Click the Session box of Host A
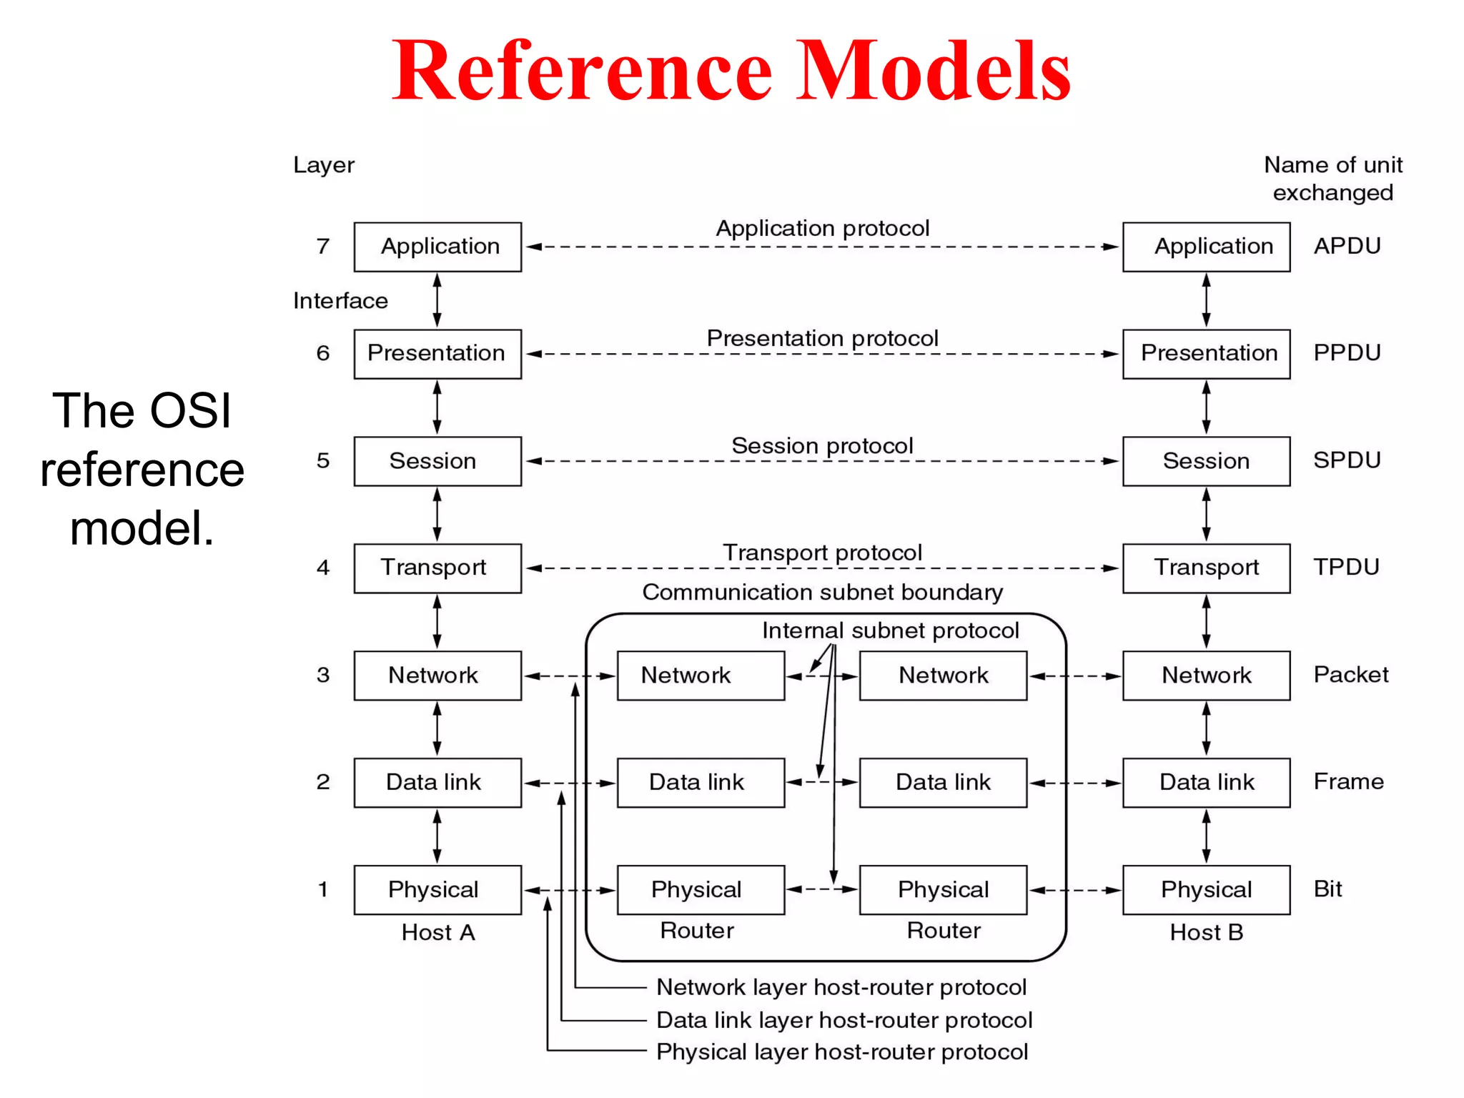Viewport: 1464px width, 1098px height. tap(437, 461)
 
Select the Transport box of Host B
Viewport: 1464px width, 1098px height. tap(1206, 568)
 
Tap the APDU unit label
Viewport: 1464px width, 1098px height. tap(1347, 246)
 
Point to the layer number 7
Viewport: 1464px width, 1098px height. tap(323, 246)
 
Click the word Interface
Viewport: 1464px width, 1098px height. tap(340, 301)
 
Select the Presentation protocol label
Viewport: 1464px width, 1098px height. tap(822, 338)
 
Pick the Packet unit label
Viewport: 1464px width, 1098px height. tap(1350, 675)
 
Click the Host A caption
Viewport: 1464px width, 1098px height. tap(438, 932)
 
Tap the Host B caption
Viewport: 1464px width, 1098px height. tap(1207, 932)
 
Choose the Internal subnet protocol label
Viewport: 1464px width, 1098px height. tap(890, 630)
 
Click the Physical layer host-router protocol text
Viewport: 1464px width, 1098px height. tap(841, 1052)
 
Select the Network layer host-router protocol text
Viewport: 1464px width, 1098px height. tap(841, 987)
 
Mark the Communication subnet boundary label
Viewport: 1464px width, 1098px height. tap(822, 592)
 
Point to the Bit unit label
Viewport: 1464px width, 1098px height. tap(1327, 889)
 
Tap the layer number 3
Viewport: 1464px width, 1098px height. tap(323, 675)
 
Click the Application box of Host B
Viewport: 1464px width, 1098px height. tap(1206, 247)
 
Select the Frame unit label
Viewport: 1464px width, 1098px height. tap(1348, 781)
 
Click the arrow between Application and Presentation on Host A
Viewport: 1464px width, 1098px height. tap(437, 300)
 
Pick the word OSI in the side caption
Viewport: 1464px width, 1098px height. tap(190, 411)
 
